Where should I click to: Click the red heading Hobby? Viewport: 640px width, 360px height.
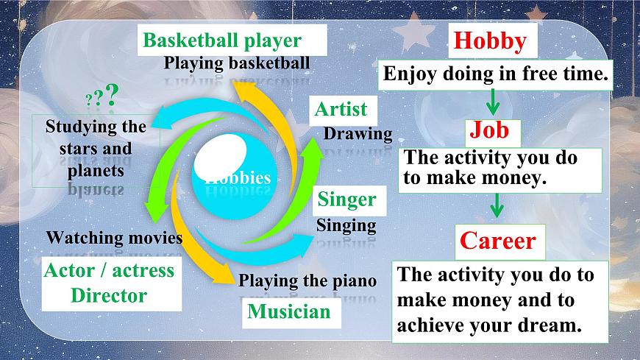click(491, 41)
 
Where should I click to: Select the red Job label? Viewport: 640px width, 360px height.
click(489, 131)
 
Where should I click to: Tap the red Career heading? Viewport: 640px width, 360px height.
click(498, 241)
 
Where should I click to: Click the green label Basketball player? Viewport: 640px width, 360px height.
click(222, 40)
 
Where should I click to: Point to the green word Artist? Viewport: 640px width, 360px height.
click(341, 110)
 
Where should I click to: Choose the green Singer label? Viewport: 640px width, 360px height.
click(346, 200)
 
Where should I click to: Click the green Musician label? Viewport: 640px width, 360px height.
click(289, 311)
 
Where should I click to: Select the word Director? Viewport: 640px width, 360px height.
click(109, 296)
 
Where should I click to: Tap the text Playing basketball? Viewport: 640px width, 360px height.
click(237, 63)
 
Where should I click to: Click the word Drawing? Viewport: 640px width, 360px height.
click(358, 134)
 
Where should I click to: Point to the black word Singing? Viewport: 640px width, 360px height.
click(346, 225)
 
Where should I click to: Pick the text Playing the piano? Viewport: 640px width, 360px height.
click(307, 280)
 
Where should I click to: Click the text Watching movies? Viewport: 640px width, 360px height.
click(114, 238)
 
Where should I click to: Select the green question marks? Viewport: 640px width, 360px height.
click(103, 96)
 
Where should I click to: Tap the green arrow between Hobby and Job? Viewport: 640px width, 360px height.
click(494, 102)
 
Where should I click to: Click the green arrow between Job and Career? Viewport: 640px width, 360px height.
click(497, 205)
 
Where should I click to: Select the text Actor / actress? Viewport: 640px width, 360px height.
click(110, 270)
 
